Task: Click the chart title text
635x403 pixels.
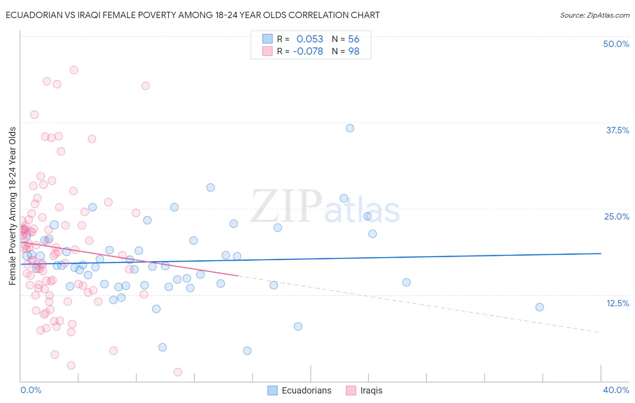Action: click(192, 15)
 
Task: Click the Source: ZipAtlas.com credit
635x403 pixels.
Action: click(594, 15)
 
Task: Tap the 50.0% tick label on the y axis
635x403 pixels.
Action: click(616, 44)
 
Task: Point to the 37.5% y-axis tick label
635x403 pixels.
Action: click(617, 130)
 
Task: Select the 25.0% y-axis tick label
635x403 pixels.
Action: click(616, 216)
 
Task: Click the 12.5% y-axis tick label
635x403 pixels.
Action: click(617, 303)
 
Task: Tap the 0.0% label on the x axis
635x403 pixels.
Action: click(31, 390)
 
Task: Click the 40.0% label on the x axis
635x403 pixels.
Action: click(616, 390)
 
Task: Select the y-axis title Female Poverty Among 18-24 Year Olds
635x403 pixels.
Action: click(13, 206)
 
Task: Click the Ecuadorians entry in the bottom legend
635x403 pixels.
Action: click(306, 390)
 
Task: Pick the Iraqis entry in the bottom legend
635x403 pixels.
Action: click(371, 390)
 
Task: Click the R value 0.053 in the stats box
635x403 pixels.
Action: click(310, 39)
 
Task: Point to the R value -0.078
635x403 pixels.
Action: click(308, 51)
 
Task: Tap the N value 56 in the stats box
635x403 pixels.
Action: click(354, 39)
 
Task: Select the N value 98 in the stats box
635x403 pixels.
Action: click(354, 51)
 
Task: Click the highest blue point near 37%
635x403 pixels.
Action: click(350, 128)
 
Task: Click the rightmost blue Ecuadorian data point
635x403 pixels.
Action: click(539, 307)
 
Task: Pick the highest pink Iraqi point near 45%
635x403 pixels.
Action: click(74, 70)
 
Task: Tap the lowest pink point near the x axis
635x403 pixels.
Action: click(177, 372)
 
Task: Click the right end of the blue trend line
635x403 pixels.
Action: click(601, 253)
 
